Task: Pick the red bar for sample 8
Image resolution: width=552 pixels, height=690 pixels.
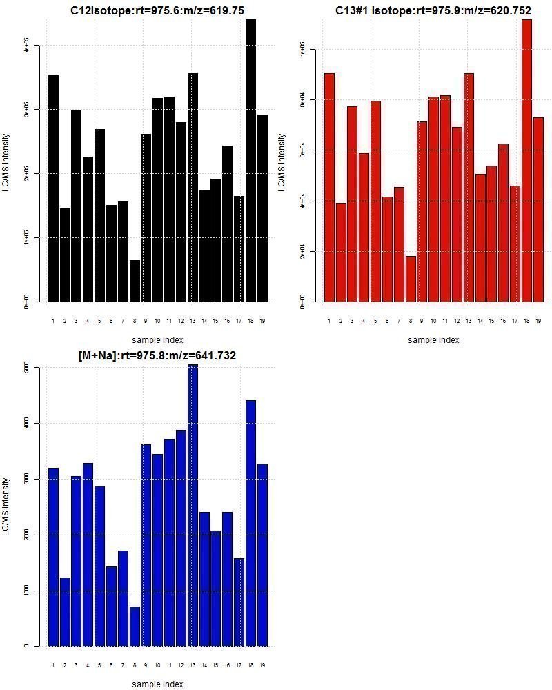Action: [x=411, y=279]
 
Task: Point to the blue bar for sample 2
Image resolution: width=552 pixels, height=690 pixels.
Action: [x=65, y=611]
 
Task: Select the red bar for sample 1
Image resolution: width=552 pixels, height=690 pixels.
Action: [x=329, y=187]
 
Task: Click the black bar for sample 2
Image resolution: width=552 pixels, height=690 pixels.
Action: [x=65, y=255]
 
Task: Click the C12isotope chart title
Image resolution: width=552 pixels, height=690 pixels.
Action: [x=157, y=10]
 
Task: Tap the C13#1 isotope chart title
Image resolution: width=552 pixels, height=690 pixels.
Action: [x=433, y=10]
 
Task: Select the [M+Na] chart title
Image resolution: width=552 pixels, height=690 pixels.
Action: [x=157, y=355]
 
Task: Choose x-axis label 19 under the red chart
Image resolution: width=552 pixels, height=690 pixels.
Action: [x=538, y=321]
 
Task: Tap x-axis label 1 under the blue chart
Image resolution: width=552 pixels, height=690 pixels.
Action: [x=53, y=665]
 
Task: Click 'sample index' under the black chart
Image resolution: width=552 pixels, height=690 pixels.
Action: [x=157, y=339]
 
